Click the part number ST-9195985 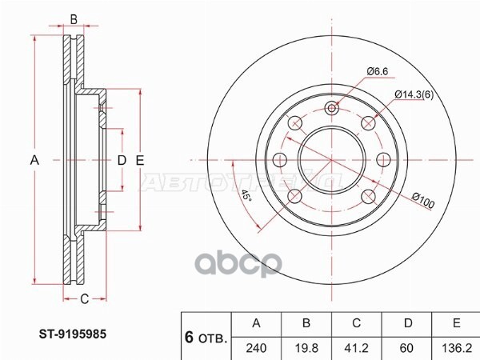pos(73,334)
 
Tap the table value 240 pos(256,348)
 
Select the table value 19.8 pos(306,348)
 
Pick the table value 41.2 pos(356,348)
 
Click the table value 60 pos(406,348)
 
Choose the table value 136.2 pos(457,348)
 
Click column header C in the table pos(356,323)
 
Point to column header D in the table pos(408,323)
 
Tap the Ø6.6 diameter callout pos(377,71)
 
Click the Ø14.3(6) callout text pos(414,94)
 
